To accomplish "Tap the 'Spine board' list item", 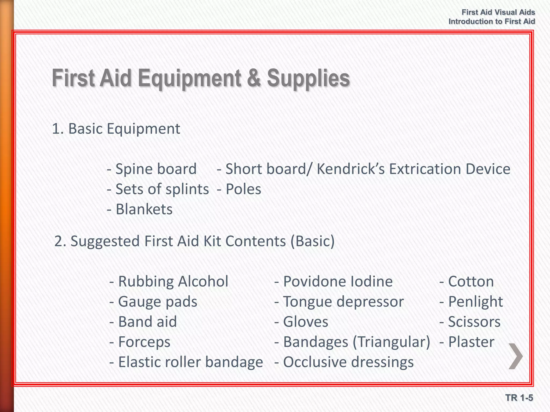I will (x=156, y=169).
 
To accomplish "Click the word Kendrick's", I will (x=351, y=169).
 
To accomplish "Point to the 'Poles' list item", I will (x=243, y=189).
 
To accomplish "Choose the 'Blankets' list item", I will (x=144, y=209).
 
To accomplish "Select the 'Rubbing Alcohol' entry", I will (x=173, y=281).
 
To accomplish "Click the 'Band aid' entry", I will (x=147, y=322).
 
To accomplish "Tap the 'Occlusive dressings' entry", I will (x=348, y=362).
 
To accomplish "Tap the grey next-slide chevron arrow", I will (x=516, y=356).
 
